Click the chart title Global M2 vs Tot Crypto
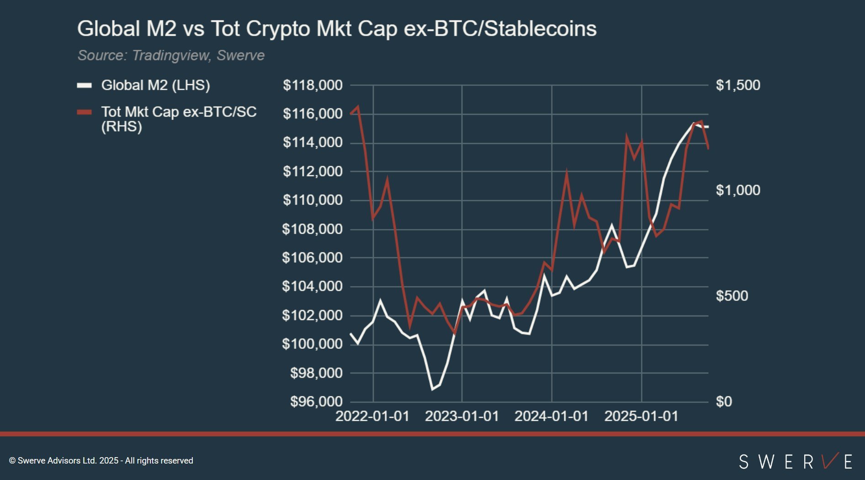[336, 29]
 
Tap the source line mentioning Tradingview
[171, 55]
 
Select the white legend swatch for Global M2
[85, 85]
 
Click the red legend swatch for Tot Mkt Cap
[85, 112]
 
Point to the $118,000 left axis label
[313, 85]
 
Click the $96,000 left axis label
[316, 401]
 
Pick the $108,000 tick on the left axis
[313, 229]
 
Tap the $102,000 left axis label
[313, 315]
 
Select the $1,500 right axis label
[738, 85]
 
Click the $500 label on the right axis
[732, 296]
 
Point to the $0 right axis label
[724, 401]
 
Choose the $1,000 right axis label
[738, 190]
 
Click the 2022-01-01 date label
[372, 416]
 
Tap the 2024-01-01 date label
[552, 416]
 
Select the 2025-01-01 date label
[641, 416]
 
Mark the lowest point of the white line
[432, 389]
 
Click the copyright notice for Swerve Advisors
[101, 461]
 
